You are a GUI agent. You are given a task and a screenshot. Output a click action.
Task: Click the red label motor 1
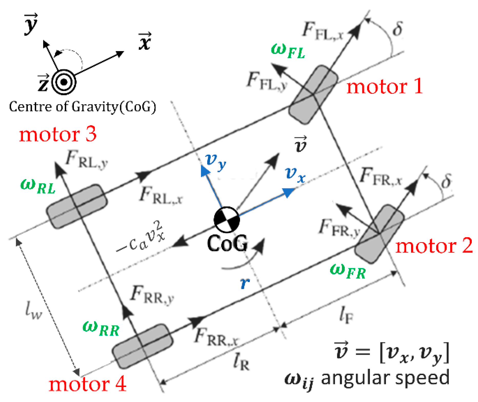point(384,86)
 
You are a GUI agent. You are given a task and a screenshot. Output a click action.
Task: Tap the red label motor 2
point(434,246)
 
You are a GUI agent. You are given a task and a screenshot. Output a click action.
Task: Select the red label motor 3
point(58,134)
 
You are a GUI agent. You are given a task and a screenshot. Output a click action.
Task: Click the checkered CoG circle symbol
point(227,220)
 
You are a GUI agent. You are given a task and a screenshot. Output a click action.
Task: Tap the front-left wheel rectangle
point(313,95)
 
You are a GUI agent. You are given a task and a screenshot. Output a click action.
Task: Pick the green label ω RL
point(38,186)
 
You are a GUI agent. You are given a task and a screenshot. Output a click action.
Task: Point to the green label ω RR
point(101,328)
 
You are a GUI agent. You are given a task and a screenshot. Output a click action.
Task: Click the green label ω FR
point(348,271)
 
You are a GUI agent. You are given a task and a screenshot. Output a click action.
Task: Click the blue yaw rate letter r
point(245,283)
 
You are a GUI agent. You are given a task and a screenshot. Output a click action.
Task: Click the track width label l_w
point(33,310)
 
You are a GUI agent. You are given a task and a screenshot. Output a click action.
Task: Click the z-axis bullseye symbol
point(64,82)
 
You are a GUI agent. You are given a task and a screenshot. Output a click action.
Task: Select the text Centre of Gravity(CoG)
point(82,107)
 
